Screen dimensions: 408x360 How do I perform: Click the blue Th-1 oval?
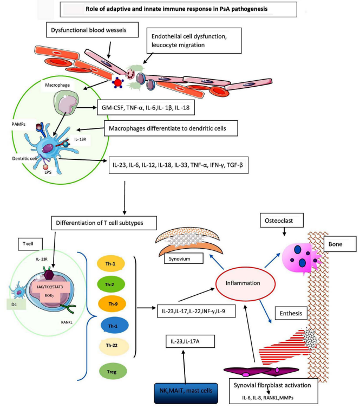[x=113, y=325]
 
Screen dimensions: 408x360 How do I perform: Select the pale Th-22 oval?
[x=113, y=346]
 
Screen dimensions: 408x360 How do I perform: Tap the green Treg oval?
[x=113, y=372]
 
